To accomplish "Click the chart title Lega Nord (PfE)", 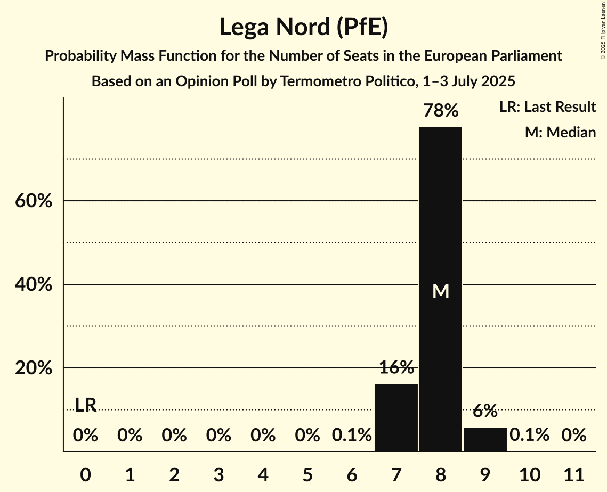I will coord(303,27).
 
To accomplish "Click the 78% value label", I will coord(440,111).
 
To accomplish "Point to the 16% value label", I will coord(396,367).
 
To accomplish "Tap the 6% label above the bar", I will coord(485,411).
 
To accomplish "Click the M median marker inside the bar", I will coord(441,291).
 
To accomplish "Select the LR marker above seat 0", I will coord(85,405).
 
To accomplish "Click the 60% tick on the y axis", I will coord(34,201).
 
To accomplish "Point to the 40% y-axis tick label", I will coord(34,285).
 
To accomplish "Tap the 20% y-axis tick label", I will coord(34,368).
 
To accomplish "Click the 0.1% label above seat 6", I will coord(352,436).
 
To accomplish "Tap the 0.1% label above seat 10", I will coord(529,436).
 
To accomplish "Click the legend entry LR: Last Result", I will coord(547,107).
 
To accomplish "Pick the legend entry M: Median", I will coord(560,132).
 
